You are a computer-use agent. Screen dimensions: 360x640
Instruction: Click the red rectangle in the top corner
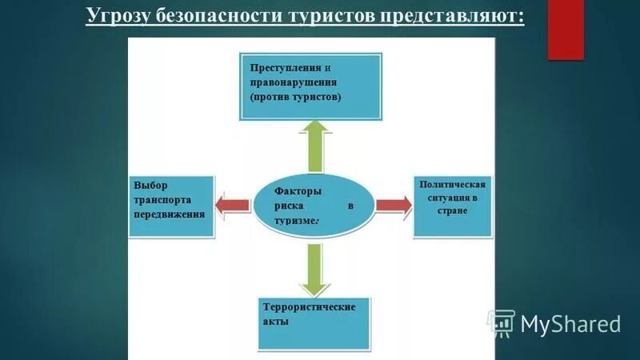[566, 30]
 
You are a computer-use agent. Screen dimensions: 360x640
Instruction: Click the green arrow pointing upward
[314, 146]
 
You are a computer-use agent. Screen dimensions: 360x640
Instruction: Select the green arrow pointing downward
[314, 268]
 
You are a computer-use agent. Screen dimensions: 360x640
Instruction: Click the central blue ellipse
[314, 205]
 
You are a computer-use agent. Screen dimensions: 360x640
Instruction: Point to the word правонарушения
[293, 82]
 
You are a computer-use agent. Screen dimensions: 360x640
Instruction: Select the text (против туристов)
[295, 97]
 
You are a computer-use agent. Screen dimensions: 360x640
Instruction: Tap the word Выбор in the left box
[151, 186]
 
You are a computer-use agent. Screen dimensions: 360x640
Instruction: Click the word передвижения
[170, 214]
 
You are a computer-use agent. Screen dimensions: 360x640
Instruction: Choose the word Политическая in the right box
[453, 185]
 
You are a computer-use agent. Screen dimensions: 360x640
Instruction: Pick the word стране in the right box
[452, 210]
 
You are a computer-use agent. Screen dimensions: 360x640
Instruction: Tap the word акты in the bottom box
[275, 322]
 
